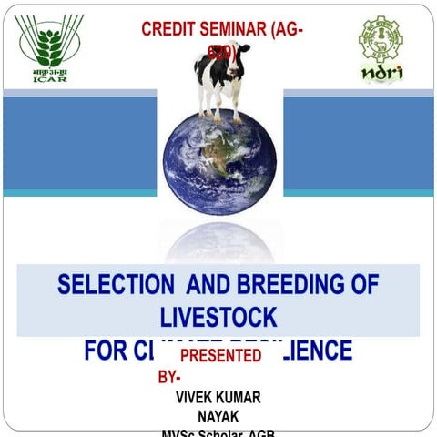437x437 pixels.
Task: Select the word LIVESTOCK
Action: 218,317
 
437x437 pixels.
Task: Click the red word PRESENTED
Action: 220,354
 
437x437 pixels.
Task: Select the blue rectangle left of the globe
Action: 79,143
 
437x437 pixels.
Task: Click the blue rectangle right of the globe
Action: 358,143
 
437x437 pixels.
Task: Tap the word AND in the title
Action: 207,284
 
